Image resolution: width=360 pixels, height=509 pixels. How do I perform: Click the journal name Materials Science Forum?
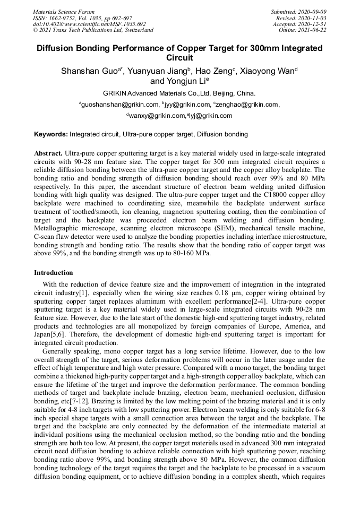pyautogui.click(x=64, y=12)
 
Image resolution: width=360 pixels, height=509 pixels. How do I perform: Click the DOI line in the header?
pyautogui.click(x=89, y=24)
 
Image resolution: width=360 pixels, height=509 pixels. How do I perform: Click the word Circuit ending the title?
pyautogui.click(x=179, y=58)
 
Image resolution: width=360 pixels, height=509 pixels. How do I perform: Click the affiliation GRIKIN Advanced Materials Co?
pyautogui.click(x=159, y=93)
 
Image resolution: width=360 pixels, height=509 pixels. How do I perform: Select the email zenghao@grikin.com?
pyautogui.click(x=247, y=105)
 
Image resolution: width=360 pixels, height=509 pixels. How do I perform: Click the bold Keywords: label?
pyautogui.click(x=51, y=134)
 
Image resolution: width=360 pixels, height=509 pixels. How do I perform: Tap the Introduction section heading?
pyautogui.click(x=54, y=273)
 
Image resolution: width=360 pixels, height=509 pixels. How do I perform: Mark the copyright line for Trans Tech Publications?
pyautogui.click(x=93, y=30)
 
